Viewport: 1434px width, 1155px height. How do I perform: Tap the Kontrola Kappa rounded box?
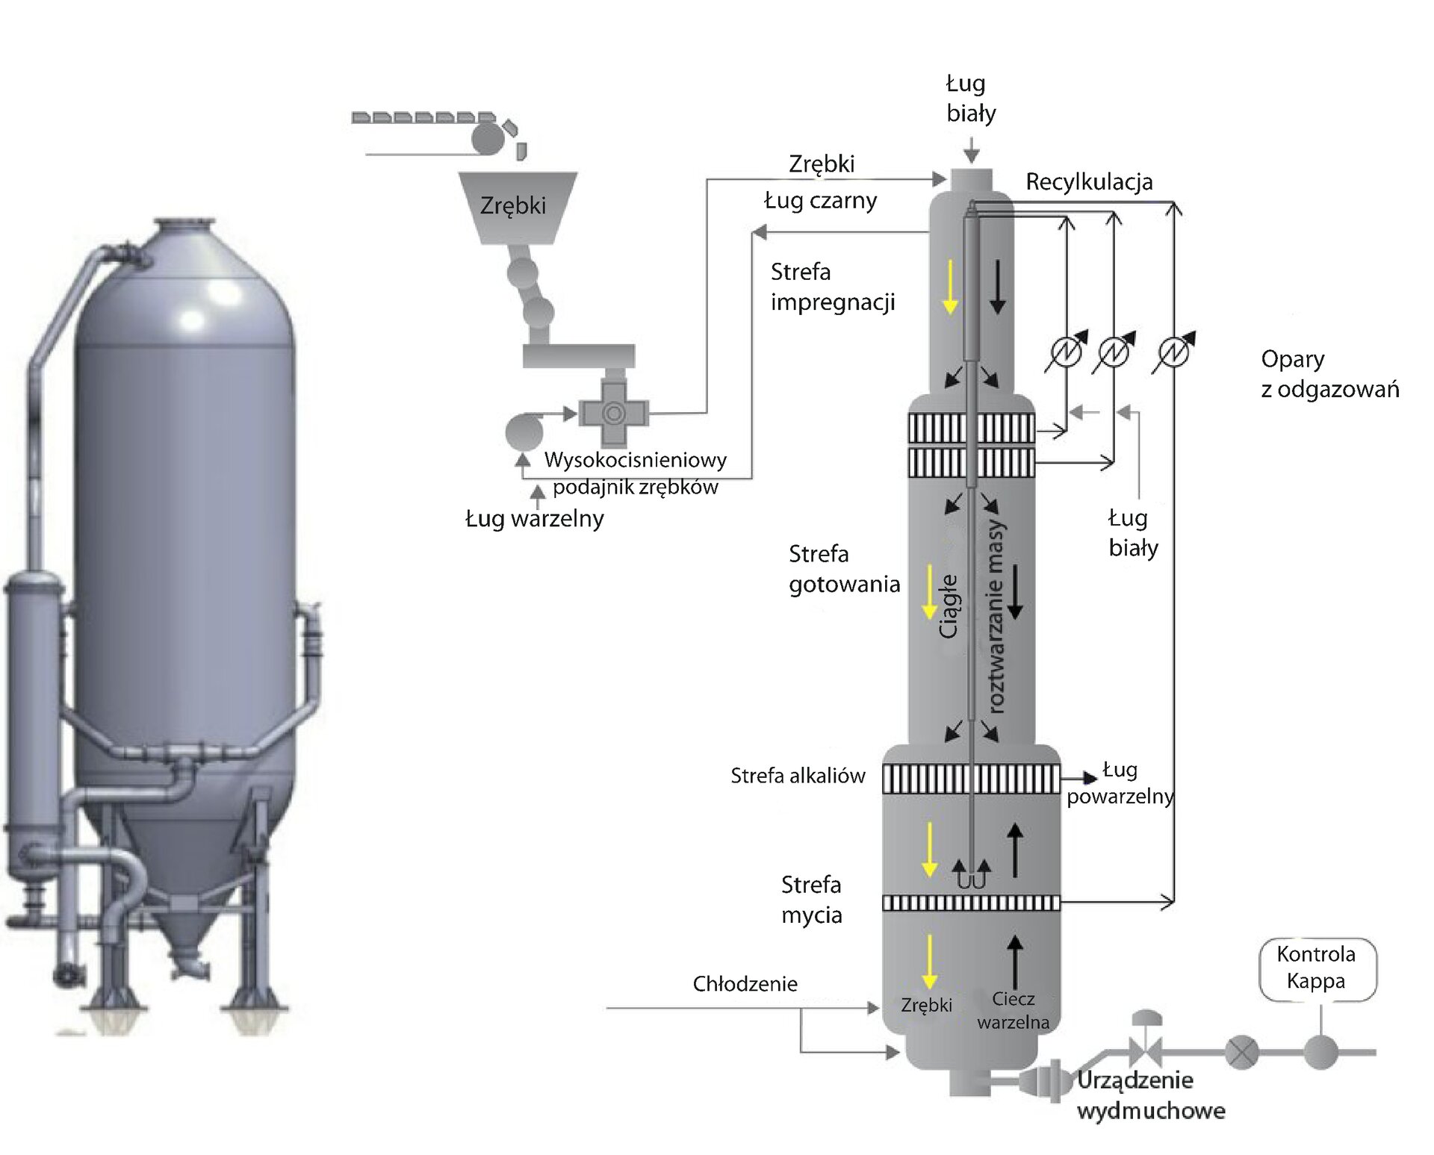pyautogui.click(x=1317, y=968)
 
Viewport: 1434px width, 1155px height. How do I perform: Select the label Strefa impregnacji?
pyautogui.click(x=832, y=287)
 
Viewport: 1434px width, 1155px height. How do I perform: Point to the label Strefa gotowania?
pyautogui.click(x=844, y=569)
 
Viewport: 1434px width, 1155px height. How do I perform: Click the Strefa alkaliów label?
pyautogui.click(x=798, y=776)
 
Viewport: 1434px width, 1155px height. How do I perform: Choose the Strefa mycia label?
pyautogui.click(x=812, y=900)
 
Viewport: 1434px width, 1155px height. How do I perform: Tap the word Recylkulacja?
pyautogui.click(x=1088, y=181)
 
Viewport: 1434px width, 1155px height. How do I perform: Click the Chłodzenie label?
pyautogui.click(x=745, y=984)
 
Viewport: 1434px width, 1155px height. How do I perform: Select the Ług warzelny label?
pyautogui.click(x=534, y=518)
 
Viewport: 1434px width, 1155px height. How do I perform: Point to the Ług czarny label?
pyautogui.click(x=820, y=201)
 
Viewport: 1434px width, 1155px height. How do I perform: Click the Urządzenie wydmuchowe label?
pyautogui.click(x=1150, y=1095)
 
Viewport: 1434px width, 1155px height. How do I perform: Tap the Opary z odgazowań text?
pyautogui.click(x=1329, y=374)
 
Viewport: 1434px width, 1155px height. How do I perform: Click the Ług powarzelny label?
pyautogui.click(x=1120, y=783)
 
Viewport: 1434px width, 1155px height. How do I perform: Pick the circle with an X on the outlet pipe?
pyautogui.click(x=1241, y=1053)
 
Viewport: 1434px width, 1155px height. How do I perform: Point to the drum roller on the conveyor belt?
pyautogui.click(x=488, y=139)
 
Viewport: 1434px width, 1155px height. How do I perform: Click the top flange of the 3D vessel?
pyautogui.click(x=184, y=223)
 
